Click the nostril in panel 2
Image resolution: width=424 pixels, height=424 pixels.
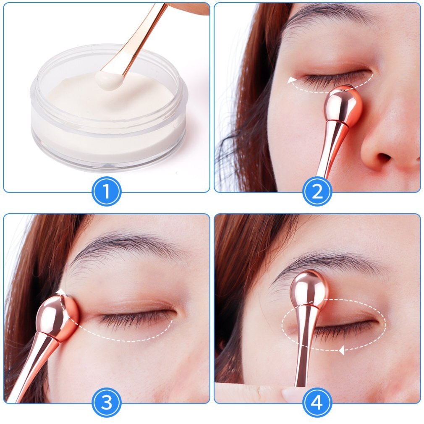384,157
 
